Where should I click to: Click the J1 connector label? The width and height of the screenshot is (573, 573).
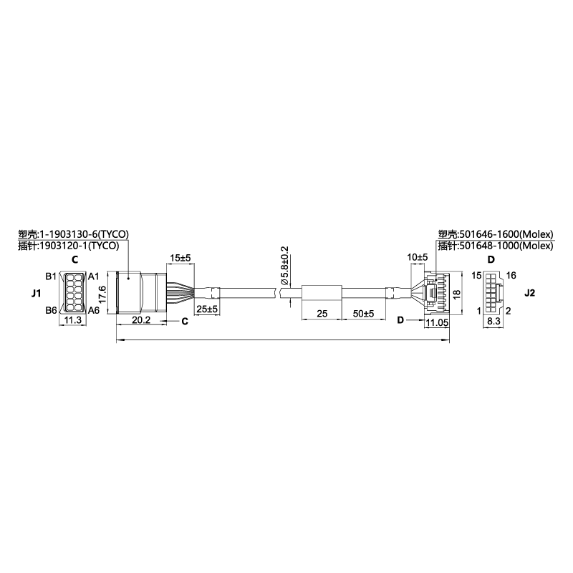36,293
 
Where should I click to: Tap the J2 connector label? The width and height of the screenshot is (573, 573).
529,293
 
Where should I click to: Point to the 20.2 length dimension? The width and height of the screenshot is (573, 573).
141,320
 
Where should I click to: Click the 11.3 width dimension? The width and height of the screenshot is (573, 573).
73,320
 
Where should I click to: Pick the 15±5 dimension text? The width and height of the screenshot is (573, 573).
180,258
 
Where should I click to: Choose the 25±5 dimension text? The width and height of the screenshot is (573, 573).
207,309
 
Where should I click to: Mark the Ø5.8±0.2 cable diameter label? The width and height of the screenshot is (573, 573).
284,266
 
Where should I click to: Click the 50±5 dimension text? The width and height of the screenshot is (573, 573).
363,313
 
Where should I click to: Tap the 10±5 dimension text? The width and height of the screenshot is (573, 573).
418,257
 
